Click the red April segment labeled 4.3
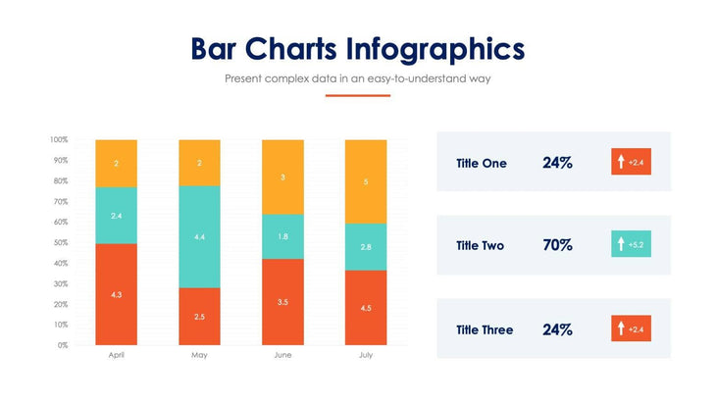116,294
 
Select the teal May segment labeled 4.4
199,236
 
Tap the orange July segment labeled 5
365,181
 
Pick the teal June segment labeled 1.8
282,236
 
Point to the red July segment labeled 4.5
365,307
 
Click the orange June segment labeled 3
282,176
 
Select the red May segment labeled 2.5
199,316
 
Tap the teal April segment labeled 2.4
116,215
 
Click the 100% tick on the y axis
58,139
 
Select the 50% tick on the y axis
60,242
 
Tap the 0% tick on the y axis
62,345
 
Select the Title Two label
481,245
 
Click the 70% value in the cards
557,245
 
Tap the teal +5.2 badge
631,244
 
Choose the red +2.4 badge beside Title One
631,162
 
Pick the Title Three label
485,329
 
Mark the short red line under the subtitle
358,95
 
